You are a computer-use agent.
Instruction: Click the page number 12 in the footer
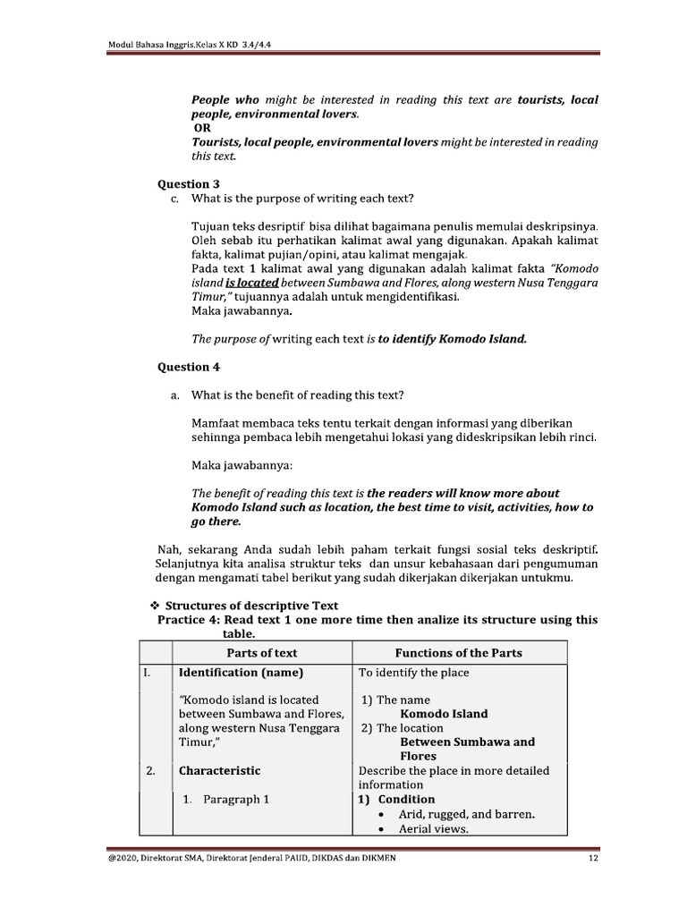[592, 860]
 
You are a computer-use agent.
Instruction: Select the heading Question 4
[189, 367]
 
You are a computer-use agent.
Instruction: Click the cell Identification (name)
[241, 672]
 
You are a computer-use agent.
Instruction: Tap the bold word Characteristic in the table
[219, 770]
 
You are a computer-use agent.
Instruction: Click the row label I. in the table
[148, 672]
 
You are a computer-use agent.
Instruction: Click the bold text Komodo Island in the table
[444, 714]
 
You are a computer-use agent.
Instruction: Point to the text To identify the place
[413, 672]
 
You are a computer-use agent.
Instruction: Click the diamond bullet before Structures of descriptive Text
[151, 606]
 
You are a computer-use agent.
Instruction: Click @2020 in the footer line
[121, 860]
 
